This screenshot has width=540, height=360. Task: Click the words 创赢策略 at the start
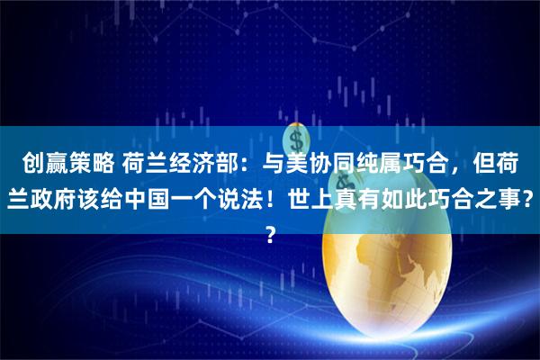pyautogui.click(x=63, y=166)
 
